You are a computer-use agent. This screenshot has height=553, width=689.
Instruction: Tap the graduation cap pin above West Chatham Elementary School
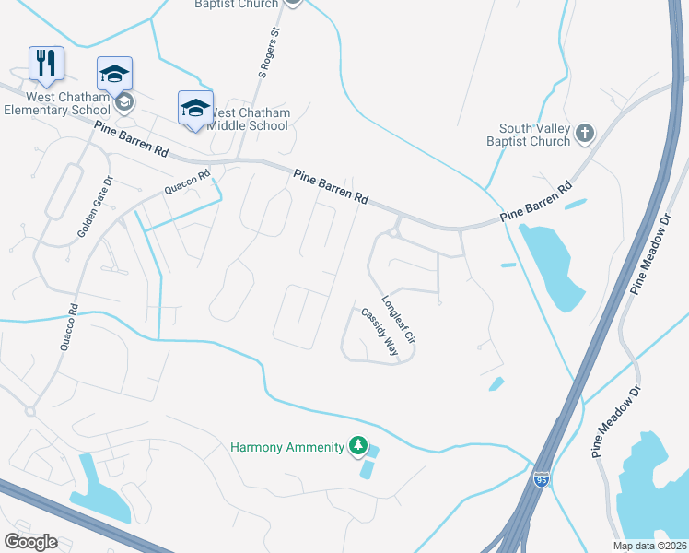(115, 74)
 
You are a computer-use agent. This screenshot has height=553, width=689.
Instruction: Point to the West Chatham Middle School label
(249, 119)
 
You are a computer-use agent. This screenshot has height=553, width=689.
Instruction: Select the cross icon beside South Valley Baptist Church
(583, 135)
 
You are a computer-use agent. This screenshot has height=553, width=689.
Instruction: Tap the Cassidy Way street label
(379, 333)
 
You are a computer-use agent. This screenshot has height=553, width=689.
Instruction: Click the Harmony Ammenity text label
(286, 448)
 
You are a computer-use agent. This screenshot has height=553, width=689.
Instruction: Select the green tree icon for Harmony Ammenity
(357, 447)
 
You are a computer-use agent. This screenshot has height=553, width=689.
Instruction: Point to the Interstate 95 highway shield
(543, 480)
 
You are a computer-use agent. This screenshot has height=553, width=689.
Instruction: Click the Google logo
(30, 542)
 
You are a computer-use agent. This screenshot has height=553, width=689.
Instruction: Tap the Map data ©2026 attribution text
(649, 546)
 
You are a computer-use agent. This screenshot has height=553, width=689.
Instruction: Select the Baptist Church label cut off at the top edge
(236, 5)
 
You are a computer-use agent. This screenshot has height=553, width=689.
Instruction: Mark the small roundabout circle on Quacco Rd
(30, 411)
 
